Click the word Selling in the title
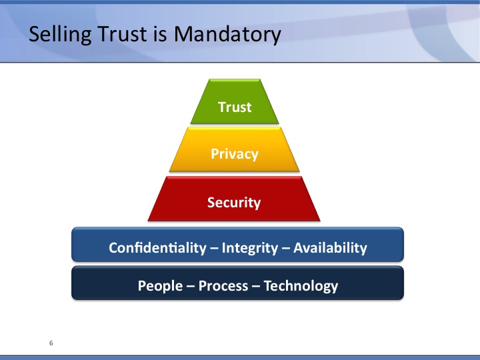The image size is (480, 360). tap(60, 34)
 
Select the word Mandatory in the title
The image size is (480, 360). tap(227, 35)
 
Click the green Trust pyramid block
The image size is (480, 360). tap(235, 101)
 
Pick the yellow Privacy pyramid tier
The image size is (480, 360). tap(235, 149)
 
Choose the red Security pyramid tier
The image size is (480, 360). tap(234, 199)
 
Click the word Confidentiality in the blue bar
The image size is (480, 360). tap(157, 247)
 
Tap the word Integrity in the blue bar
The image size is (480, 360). tap(250, 248)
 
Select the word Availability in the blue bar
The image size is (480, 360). tap(330, 248)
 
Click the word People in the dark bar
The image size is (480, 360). tap(160, 286)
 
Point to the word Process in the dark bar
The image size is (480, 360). tap(223, 286)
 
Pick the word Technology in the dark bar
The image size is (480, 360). tap(301, 286)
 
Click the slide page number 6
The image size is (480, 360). tap(51, 343)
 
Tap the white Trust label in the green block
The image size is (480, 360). tap(235, 107)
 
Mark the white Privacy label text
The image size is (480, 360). tap(235, 154)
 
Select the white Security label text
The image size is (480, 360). tap(234, 203)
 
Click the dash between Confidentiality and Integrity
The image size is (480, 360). tap(214, 249)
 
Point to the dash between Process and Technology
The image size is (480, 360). tap(256, 287)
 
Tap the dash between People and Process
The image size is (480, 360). tap(191, 287)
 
